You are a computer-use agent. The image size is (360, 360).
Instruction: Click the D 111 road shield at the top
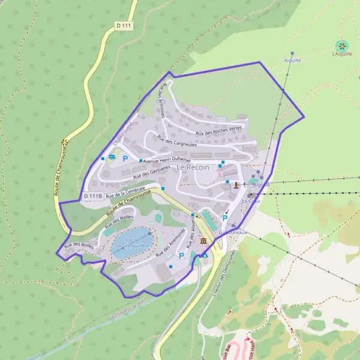pyautogui.click(x=124, y=26)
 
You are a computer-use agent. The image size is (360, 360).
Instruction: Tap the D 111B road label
pyautogui.click(x=92, y=197)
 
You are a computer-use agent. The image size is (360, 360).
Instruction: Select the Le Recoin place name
pyautogui.click(x=193, y=167)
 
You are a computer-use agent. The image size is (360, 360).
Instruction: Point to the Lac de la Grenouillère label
pyautogui.click(x=131, y=242)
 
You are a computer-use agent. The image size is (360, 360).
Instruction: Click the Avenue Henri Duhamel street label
pyautogui.click(x=167, y=161)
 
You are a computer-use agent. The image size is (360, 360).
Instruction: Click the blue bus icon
pyautogui.click(x=112, y=158)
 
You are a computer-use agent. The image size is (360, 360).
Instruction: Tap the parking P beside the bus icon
pyautogui.click(x=125, y=159)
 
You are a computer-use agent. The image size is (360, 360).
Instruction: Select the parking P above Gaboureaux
pyautogui.click(x=225, y=218)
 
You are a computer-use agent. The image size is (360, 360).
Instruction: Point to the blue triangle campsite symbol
pyautogui.click(x=205, y=254)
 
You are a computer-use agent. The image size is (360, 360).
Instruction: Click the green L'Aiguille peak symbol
pyautogui.click(x=341, y=45)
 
